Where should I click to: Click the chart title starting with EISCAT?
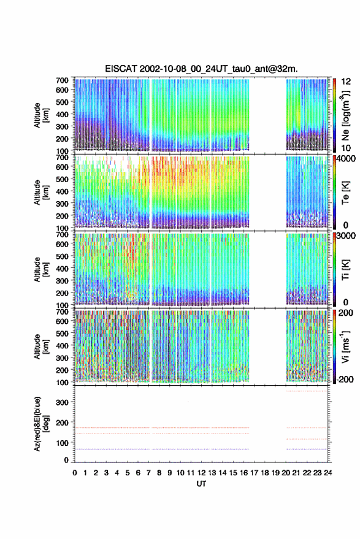click(x=202, y=69)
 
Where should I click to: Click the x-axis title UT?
click(x=202, y=484)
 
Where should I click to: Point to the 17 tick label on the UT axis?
click(x=254, y=473)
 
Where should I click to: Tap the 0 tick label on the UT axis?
click(x=75, y=473)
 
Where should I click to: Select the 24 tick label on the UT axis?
click(x=328, y=473)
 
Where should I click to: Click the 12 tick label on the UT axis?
click(x=202, y=473)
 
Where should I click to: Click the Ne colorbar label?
click(x=345, y=115)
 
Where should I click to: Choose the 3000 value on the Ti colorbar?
click(x=347, y=235)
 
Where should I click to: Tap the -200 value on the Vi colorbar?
click(x=345, y=379)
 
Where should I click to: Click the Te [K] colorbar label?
click(x=345, y=193)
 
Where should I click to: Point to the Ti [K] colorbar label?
click(x=345, y=270)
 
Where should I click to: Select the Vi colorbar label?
click(x=345, y=346)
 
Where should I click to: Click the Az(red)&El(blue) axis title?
click(x=40, y=424)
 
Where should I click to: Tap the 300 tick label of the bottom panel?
click(x=62, y=402)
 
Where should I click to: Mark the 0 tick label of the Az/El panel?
click(x=66, y=460)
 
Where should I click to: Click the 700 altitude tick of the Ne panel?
click(x=62, y=80)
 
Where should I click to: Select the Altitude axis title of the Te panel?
click(x=40, y=192)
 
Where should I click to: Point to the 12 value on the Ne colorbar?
click(x=347, y=81)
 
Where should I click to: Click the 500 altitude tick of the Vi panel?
click(x=62, y=333)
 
